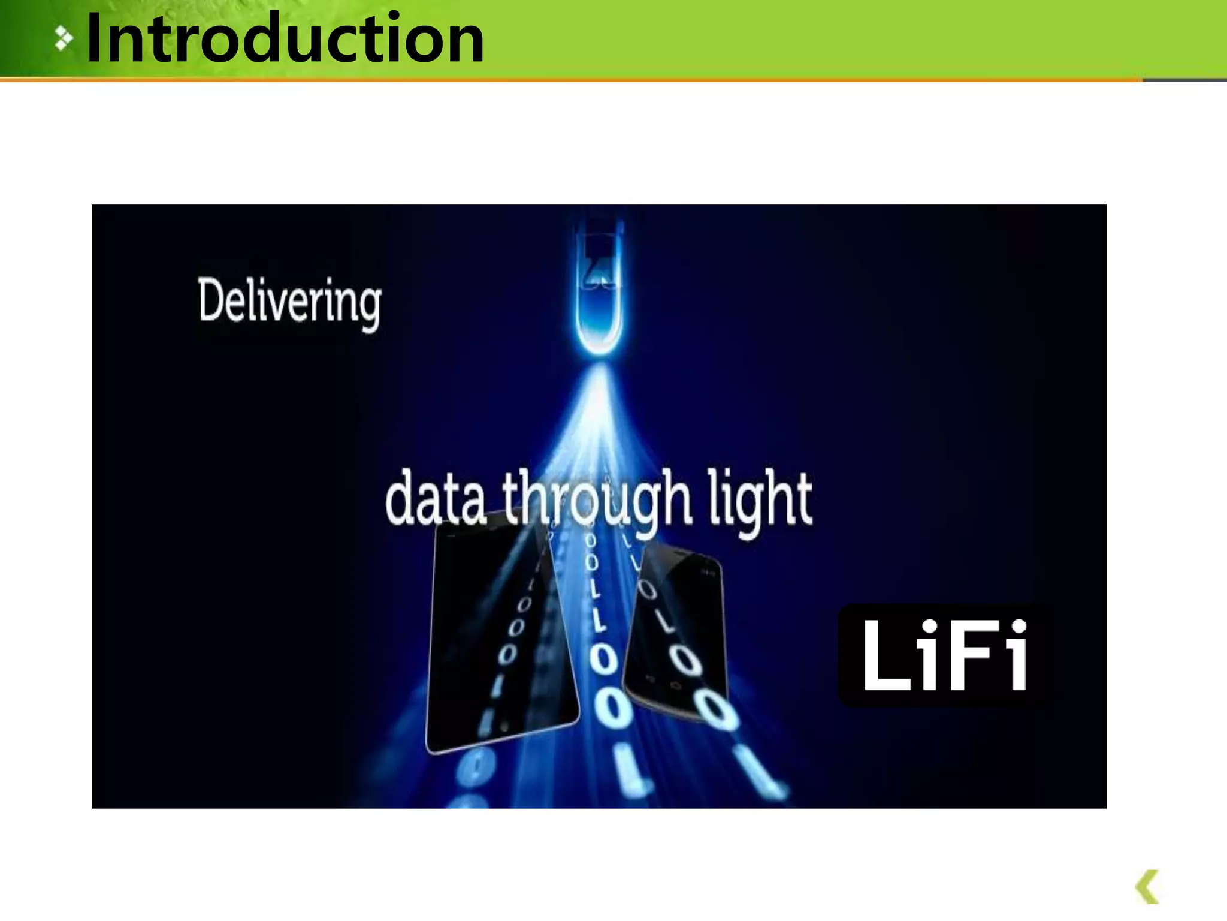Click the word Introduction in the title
tap(285, 40)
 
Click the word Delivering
tap(289, 302)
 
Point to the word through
tap(598, 501)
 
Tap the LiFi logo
tap(945, 655)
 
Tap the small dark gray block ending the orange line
tap(1184, 80)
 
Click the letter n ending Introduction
tap(466, 45)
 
